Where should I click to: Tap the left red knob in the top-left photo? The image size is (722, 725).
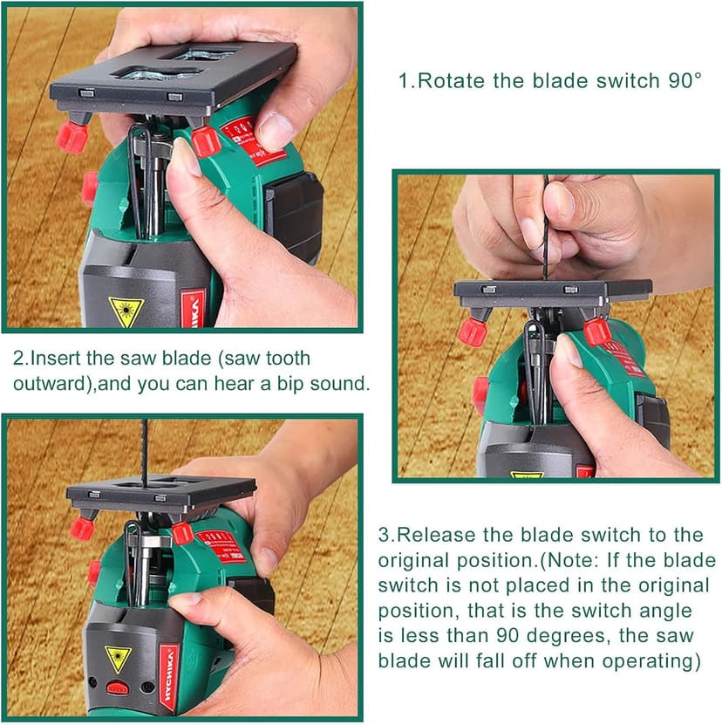click(x=72, y=136)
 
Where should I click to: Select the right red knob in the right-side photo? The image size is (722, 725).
click(x=597, y=331)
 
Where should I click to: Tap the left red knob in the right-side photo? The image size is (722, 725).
click(x=473, y=331)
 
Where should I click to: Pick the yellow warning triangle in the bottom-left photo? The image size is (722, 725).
click(x=118, y=656)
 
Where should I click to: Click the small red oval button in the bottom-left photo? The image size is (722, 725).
click(x=117, y=687)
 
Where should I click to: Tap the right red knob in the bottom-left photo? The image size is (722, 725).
click(x=181, y=532)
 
